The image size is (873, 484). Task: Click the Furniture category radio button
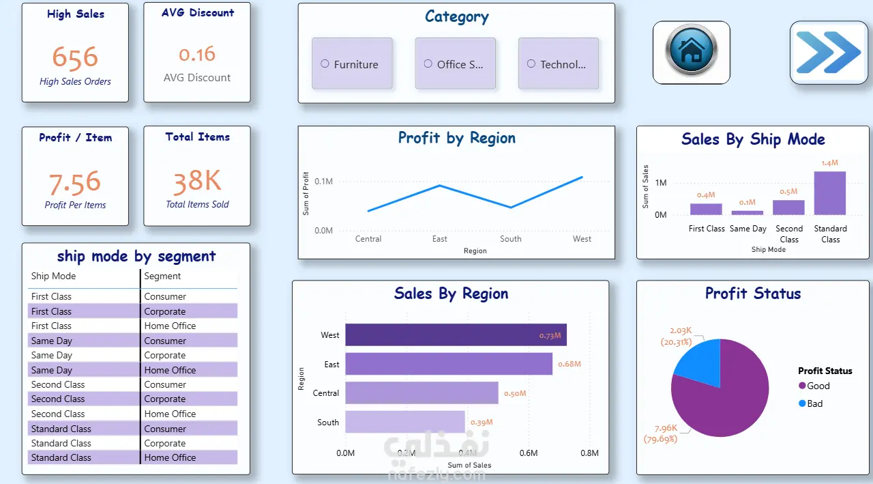pos(325,64)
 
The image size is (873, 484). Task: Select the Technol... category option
pos(531,64)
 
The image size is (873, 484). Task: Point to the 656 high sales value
pos(75,57)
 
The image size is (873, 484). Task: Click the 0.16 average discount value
pos(197,54)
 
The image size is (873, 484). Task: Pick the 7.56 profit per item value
pos(75,182)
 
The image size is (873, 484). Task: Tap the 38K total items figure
pos(197,181)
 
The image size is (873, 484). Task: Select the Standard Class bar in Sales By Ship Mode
pos(829,193)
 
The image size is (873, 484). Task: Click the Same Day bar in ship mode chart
pos(748,212)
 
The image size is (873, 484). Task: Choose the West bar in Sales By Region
pos(456,335)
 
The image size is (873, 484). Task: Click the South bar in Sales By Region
pos(405,422)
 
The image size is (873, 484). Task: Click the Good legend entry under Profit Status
pos(818,386)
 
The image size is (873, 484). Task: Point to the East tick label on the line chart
pos(440,239)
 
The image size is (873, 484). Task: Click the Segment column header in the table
pos(162,276)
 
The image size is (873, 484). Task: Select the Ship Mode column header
pos(53,276)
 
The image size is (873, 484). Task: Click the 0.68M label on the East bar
pos(569,365)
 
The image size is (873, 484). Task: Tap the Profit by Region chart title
pos(456,138)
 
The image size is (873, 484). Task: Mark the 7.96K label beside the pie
pos(666,429)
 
